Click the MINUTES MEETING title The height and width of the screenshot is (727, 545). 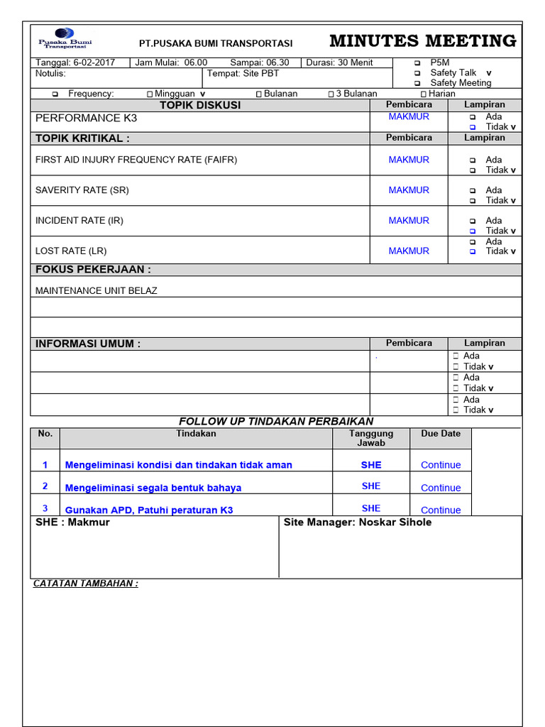tap(423, 41)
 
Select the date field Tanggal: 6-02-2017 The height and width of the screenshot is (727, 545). tap(75, 62)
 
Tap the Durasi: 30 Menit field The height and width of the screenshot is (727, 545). tap(339, 62)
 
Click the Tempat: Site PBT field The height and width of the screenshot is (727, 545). tap(243, 73)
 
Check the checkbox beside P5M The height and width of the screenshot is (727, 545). tap(417, 62)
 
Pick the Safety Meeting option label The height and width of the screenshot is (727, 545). tap(461, 83)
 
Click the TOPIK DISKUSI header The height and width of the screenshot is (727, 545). tap(200, 105)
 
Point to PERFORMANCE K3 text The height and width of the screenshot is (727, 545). tap(86, 118)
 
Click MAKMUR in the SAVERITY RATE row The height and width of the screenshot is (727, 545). tap(409, 190)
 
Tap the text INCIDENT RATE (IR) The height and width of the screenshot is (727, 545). tap(79, 221)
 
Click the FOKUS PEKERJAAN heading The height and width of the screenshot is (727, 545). tap(93, 270)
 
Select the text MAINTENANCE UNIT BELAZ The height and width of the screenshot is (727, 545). tap(97, 290)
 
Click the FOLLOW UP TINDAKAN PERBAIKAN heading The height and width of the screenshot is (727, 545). tap(276, 422)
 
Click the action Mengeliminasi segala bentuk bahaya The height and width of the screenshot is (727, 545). tap(153, 488)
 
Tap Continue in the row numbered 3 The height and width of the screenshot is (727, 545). tap(441, 510)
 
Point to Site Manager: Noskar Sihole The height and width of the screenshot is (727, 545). tap(358, 523)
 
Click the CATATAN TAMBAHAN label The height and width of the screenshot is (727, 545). tap(86, 584)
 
